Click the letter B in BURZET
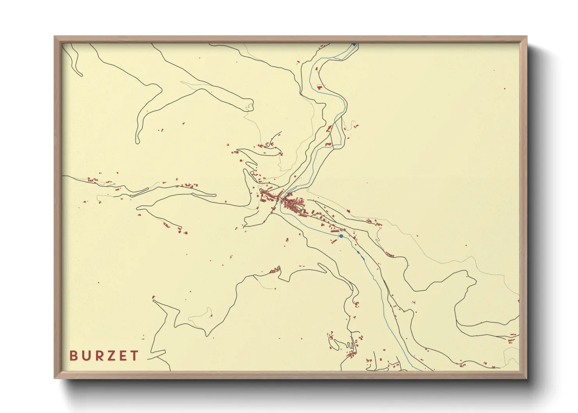(73, 356)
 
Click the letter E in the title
(123, 356)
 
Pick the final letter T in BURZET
(134, 356)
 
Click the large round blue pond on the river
(341, 236)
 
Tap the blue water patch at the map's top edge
(353, 45)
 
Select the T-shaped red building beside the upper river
(320, 87)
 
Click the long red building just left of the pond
(334, 231)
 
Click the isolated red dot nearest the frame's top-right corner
(505, 89)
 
